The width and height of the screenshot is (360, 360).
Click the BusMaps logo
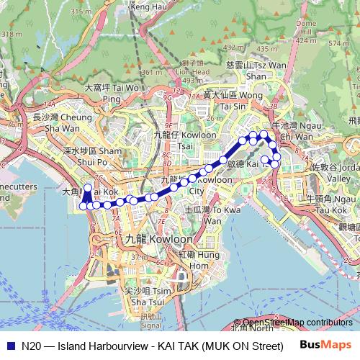click(x=327, y=345)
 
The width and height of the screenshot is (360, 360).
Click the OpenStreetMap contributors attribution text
click(x=298, y=323)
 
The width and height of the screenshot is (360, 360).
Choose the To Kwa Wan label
click(x=203, y=215)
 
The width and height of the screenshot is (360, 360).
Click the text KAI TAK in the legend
click(x=185, y=345)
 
